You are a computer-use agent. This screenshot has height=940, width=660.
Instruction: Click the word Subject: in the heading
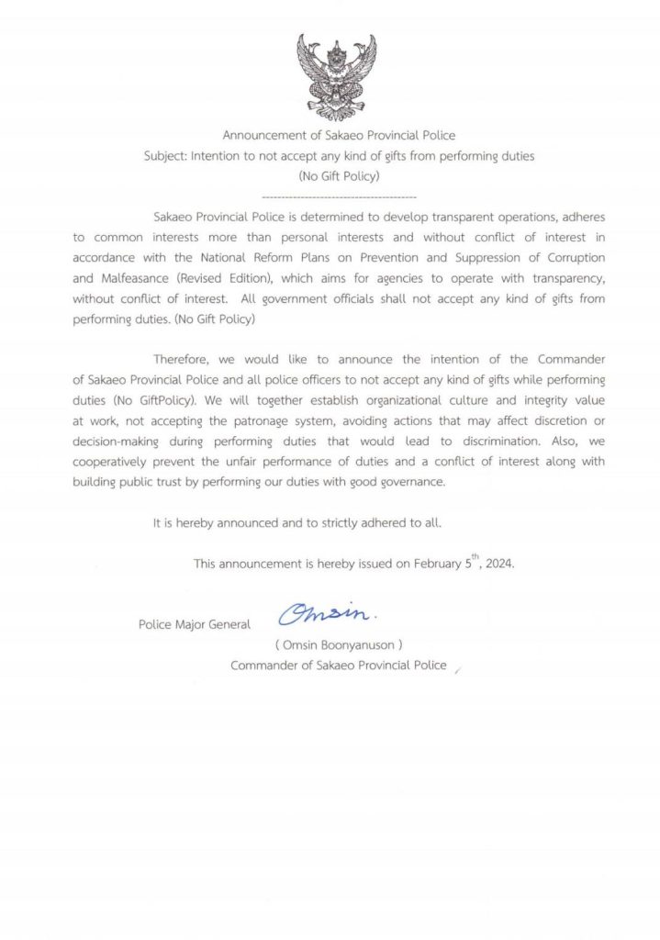pos(166,156)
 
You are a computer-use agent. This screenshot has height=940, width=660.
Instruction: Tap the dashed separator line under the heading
pos(339,197)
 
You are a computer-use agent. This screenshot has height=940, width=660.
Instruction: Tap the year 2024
pos(498,565)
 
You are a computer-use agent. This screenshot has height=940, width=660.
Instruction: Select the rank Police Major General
pos(194,625)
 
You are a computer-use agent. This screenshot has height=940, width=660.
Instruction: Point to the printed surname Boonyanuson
pos(355,645)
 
